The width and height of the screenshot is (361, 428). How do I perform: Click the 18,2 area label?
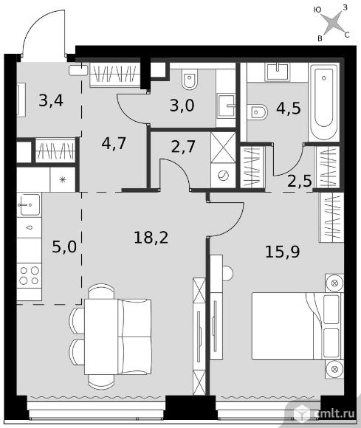click(x=151, y=237)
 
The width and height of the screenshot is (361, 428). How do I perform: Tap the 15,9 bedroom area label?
click(x=283, y=252)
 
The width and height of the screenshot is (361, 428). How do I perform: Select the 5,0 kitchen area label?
click(x=64, y=246)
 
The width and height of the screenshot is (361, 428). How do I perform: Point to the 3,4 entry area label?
click(x=51, y=100)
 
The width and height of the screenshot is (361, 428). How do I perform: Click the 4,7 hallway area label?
click(x=114, y=143)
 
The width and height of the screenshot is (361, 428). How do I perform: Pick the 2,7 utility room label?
click(x=183, y=146)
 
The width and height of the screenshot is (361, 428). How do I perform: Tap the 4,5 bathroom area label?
click(x=289, y=108)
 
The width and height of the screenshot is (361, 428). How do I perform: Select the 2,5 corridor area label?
click(x=300, y=181)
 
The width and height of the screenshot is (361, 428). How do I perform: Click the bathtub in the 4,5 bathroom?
click(x=324, y=102)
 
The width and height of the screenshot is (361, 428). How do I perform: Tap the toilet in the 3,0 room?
click(x=190, y=80)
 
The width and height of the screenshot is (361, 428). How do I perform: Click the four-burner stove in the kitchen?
click(x=29, y=276)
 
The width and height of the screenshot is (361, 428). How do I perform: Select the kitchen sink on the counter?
click(x=29, y=204)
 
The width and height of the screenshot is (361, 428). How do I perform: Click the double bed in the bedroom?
click(x=298, y=326)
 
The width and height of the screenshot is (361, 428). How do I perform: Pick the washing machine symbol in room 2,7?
click(x=223, y=176)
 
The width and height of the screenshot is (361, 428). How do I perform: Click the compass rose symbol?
click(x=331, y=23)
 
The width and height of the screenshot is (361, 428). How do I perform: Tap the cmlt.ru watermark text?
click(x=334, y=413)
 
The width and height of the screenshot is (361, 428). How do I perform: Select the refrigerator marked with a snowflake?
click(x=63, y=179)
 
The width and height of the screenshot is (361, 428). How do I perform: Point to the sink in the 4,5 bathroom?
click(x=277, y=72)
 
